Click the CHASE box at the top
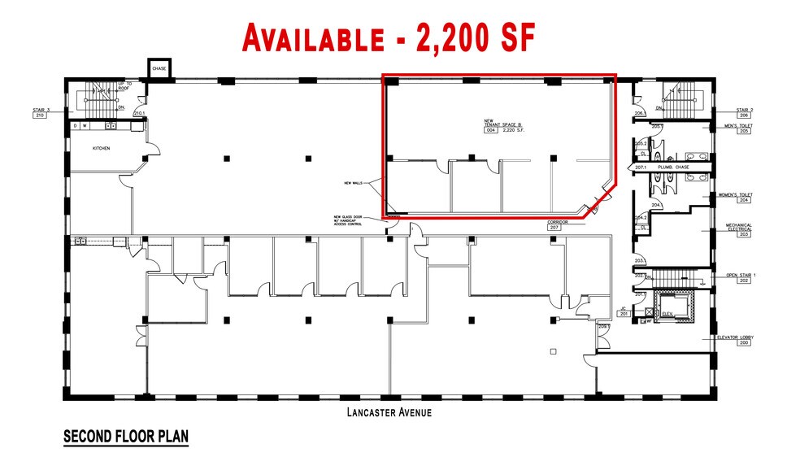coord(159,69)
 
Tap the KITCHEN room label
coord(101,149)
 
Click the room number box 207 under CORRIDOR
coord(555,228)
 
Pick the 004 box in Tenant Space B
coord(491,130)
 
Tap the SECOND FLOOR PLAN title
coord(126,437)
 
